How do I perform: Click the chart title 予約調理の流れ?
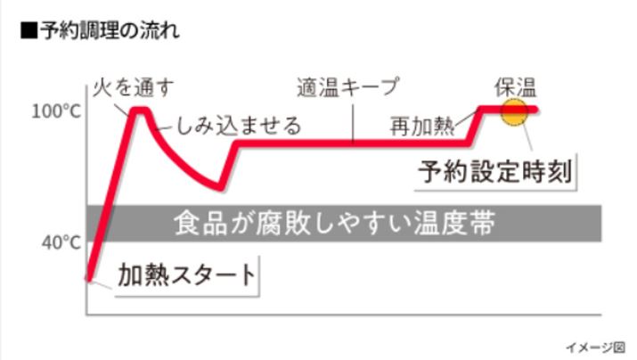(110, 31)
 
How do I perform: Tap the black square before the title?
(29, 31)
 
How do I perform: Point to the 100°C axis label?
(56, 111)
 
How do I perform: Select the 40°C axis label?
(61, 242)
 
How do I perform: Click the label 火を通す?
(134, 88)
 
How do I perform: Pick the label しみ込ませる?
(239, 125)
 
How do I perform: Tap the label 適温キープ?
(348, 87)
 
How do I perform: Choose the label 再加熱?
(422, 126)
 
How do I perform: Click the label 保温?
(516, 87)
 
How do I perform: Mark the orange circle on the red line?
(514, 111)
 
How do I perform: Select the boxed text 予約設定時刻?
(495, 171)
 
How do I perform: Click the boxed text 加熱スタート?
(187, 275)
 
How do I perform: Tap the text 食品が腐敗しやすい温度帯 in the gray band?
(334, 223)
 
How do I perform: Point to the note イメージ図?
(595, 347)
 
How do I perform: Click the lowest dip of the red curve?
(220, 188)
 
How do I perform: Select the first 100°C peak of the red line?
(140, 109)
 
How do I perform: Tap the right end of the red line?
(535, 110)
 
